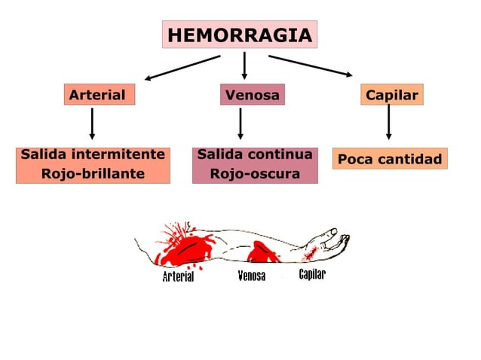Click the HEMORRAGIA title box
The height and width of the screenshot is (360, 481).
[239, 35]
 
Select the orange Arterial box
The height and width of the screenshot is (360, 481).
[98, 96]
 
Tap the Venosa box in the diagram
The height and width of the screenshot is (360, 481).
[252, 96]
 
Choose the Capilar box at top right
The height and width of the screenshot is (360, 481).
[391, 96]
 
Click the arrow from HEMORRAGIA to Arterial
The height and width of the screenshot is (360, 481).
[182, 66]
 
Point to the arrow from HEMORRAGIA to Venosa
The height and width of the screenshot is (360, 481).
[244, 66]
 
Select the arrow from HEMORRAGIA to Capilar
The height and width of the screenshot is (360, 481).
[310, 66]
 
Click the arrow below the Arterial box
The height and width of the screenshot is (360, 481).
[92, 124]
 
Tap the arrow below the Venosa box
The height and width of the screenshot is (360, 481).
[240, 124]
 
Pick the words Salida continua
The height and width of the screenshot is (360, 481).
[255, 155]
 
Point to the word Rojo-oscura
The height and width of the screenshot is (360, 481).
[255, 175]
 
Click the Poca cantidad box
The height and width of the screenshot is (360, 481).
[390, 160]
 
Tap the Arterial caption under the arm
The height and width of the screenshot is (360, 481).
[178, 276]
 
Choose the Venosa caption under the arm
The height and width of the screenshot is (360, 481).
[251, 276]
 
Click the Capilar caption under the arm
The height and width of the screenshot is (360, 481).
[312, 274]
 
